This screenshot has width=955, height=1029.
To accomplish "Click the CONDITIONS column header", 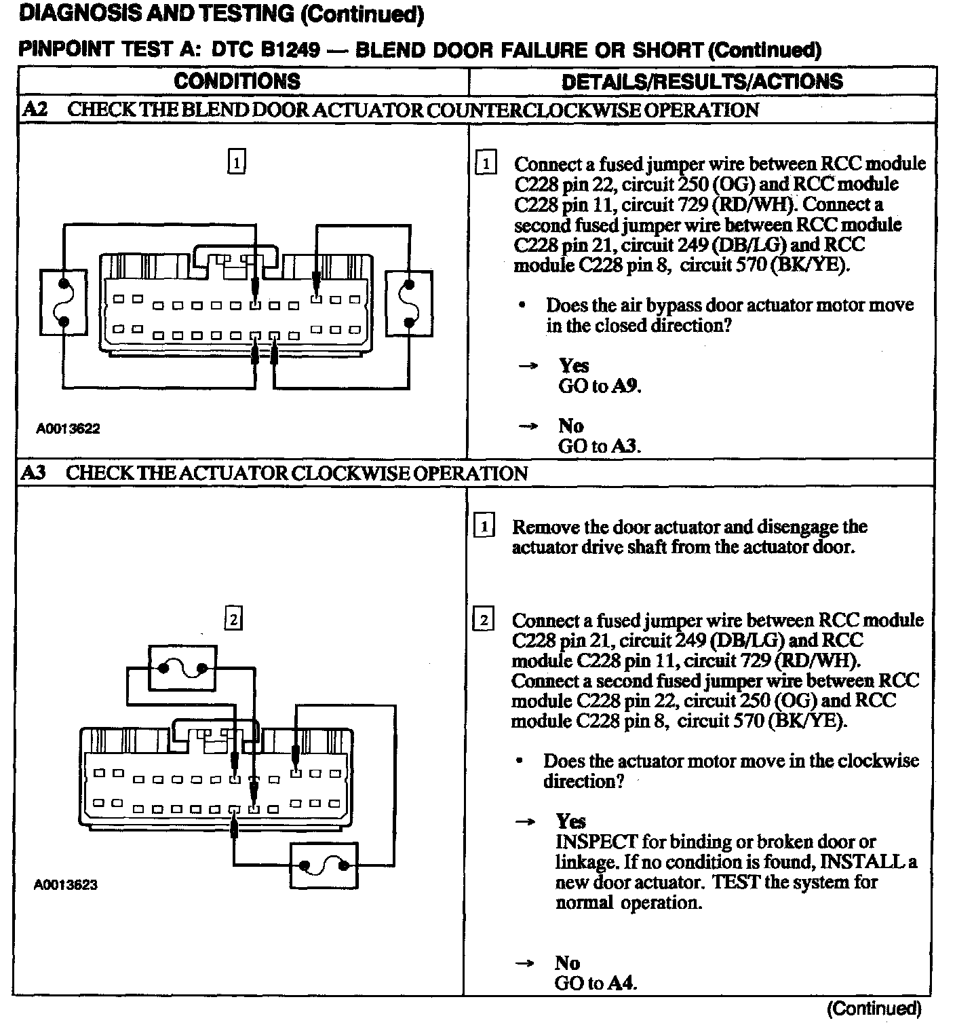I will coord(237,81).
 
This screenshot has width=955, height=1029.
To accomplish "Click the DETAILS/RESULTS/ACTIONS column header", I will coord(702,81).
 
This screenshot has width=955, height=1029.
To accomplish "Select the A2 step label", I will coord(35,110).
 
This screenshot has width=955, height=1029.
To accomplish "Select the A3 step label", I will coord(34,473).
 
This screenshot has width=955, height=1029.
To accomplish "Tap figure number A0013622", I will coord(68,429).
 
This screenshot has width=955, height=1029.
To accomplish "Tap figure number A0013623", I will coord(66,885).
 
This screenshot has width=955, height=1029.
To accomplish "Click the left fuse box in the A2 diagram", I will coord(64,302).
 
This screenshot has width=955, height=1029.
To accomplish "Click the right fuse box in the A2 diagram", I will coord(408,302).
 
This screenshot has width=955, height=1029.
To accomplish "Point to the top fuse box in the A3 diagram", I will coord(182,668).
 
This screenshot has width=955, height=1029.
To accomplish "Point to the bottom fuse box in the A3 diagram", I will coord(324,865).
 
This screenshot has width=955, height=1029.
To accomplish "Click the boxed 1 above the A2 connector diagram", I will coord(236,162).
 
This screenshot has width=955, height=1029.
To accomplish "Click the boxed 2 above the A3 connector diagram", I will coord(233,619).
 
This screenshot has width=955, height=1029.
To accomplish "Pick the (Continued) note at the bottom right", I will coord(874,1009).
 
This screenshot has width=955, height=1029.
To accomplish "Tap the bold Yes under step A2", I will coord(574,366).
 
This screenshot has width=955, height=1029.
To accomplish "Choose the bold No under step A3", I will coord(567,963).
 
